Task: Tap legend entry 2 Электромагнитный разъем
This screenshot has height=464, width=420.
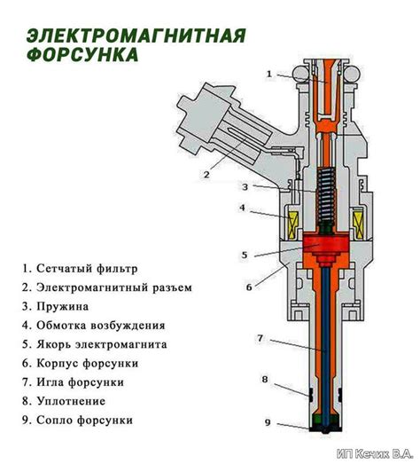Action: pyautogui.click(x=107, y=287)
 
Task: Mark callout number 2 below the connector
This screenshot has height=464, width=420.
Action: pyautogui.click(x=206, y=175)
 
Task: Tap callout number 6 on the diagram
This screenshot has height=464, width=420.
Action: pyautogui.click(x=249, y=287)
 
